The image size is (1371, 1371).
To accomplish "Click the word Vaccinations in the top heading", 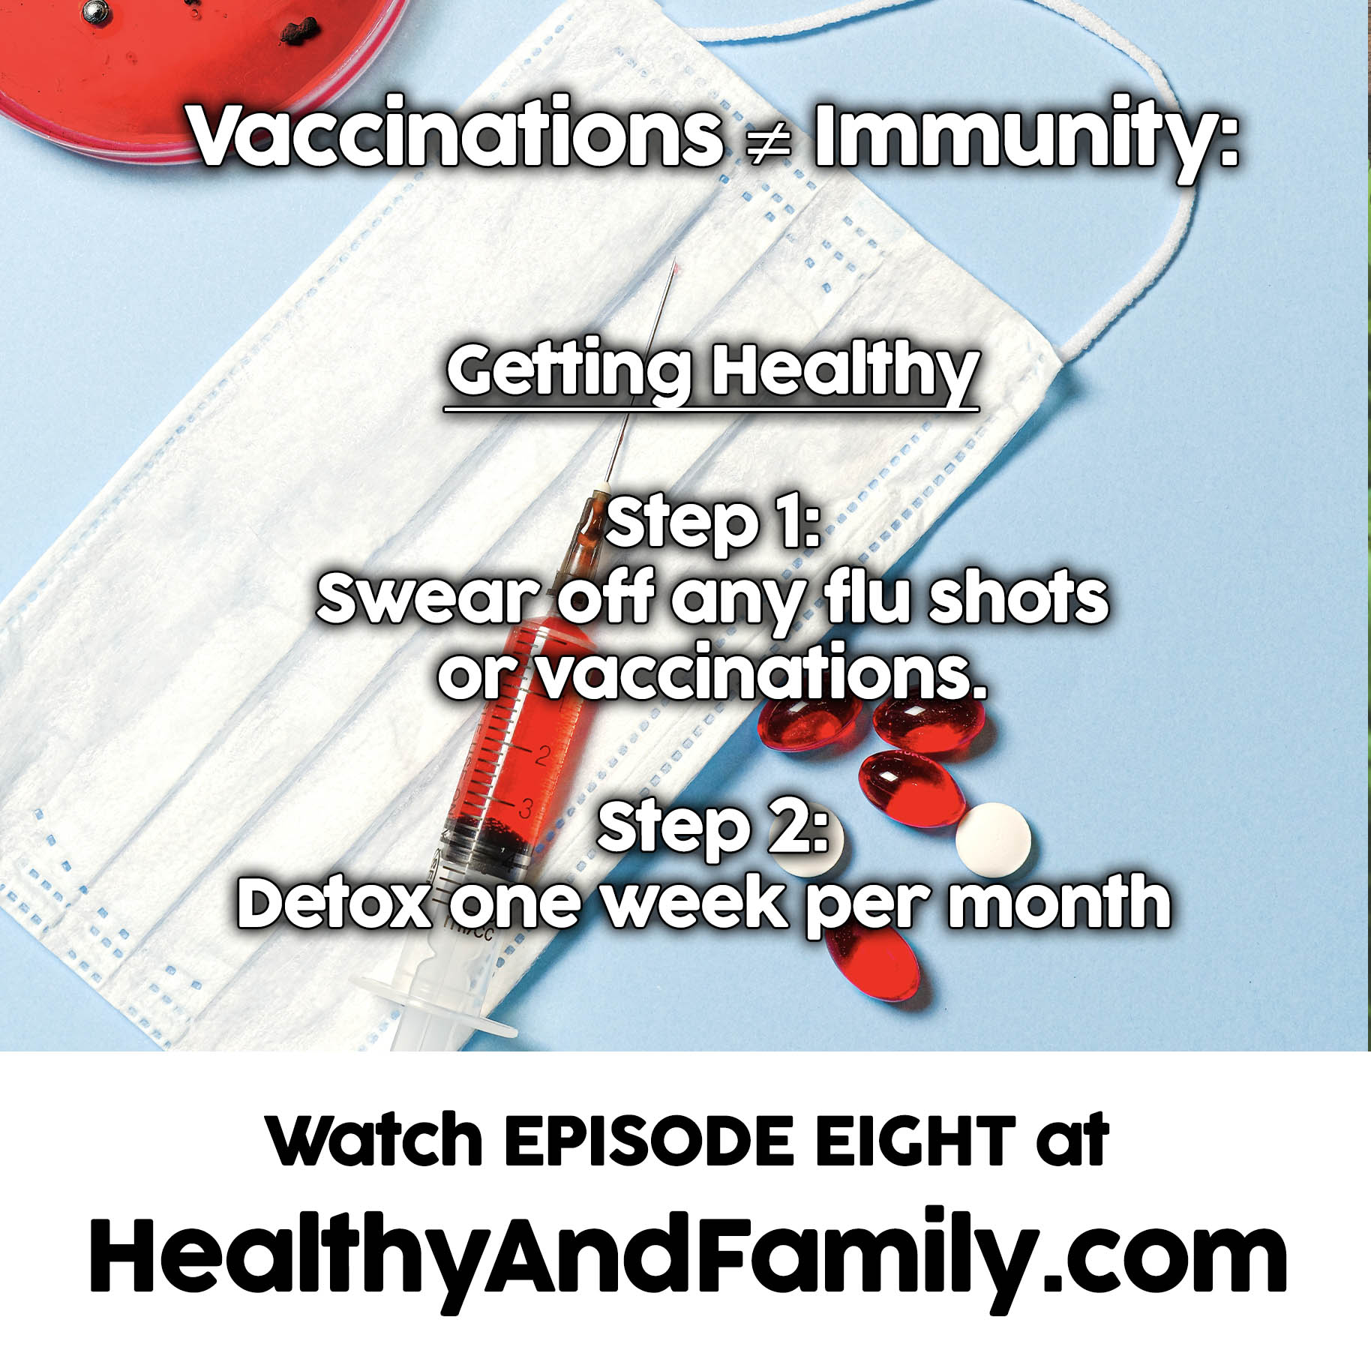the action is (455, 135).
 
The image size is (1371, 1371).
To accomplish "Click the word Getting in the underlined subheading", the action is (570, 371).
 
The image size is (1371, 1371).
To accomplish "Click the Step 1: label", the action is (712, 524).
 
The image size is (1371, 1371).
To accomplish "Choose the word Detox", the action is (334, 903).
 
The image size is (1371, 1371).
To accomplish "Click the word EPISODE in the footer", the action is (648, 1141).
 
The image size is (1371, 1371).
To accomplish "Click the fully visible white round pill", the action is (993, 840).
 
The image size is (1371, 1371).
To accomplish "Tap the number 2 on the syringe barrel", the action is (543, 755).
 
